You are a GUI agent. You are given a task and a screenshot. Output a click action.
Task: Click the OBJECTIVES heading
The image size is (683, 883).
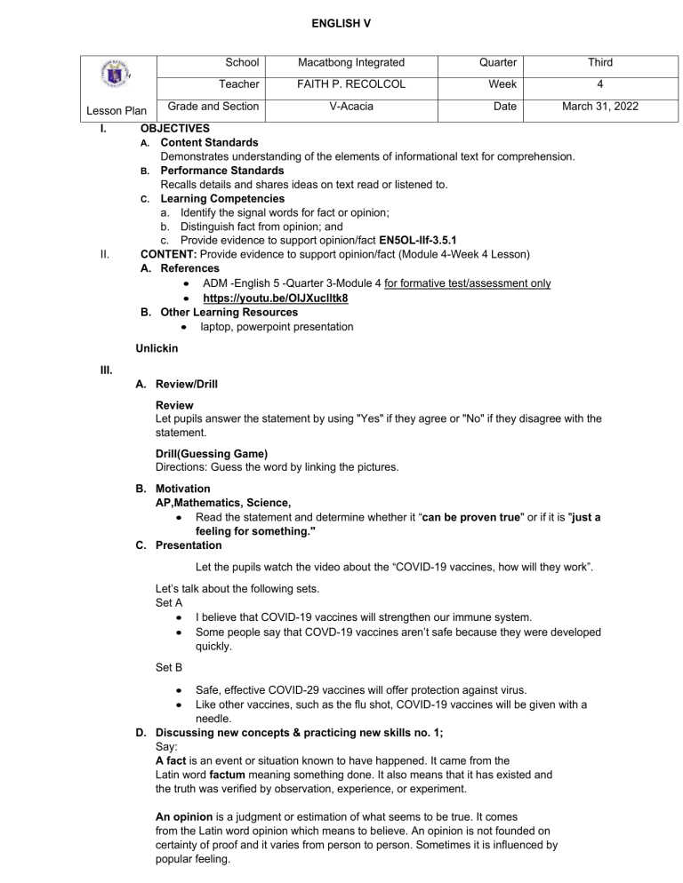pos(175,128)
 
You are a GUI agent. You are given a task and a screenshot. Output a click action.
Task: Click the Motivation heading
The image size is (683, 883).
pos(183,489)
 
